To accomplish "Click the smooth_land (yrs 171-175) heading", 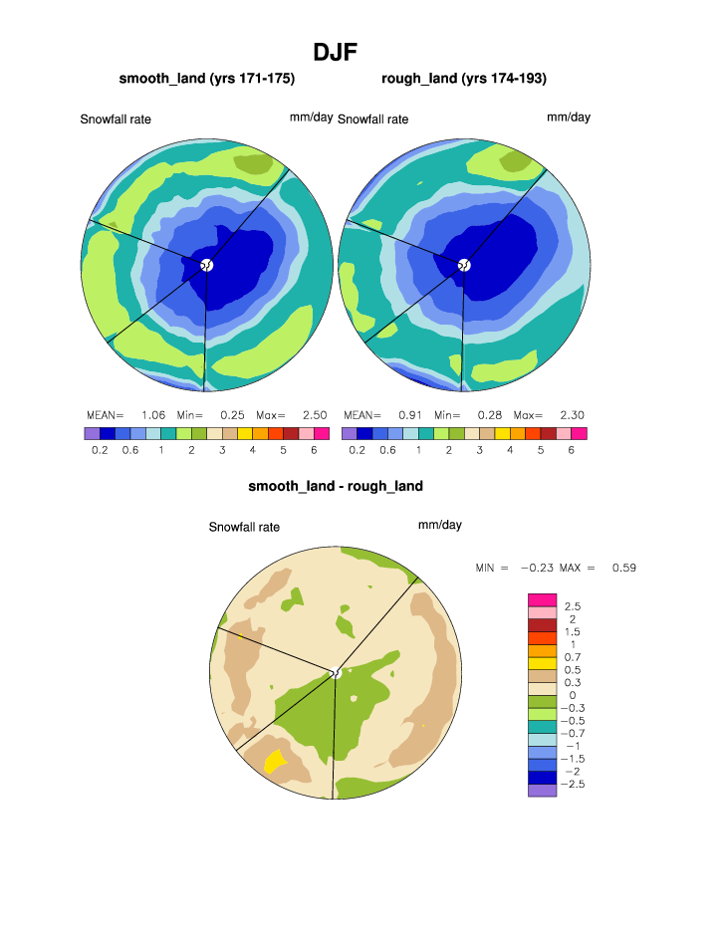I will point(207,79).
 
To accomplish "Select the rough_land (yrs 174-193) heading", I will point(464,79).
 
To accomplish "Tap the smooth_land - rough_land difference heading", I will point(336,486).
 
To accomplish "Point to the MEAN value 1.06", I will point(152,414).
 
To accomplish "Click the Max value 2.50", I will point(315,414).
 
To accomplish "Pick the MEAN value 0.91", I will point(409,414).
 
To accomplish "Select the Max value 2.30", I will point(571,414).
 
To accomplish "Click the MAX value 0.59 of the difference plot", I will point(623,568).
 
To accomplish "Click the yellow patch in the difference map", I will point(275,763).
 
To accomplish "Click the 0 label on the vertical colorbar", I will point(571,695).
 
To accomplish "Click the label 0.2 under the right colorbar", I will point(357,450).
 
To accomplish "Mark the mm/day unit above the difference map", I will point(440,525).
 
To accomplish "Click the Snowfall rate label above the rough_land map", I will point(372,119).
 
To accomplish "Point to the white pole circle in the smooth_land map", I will point(207,265).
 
